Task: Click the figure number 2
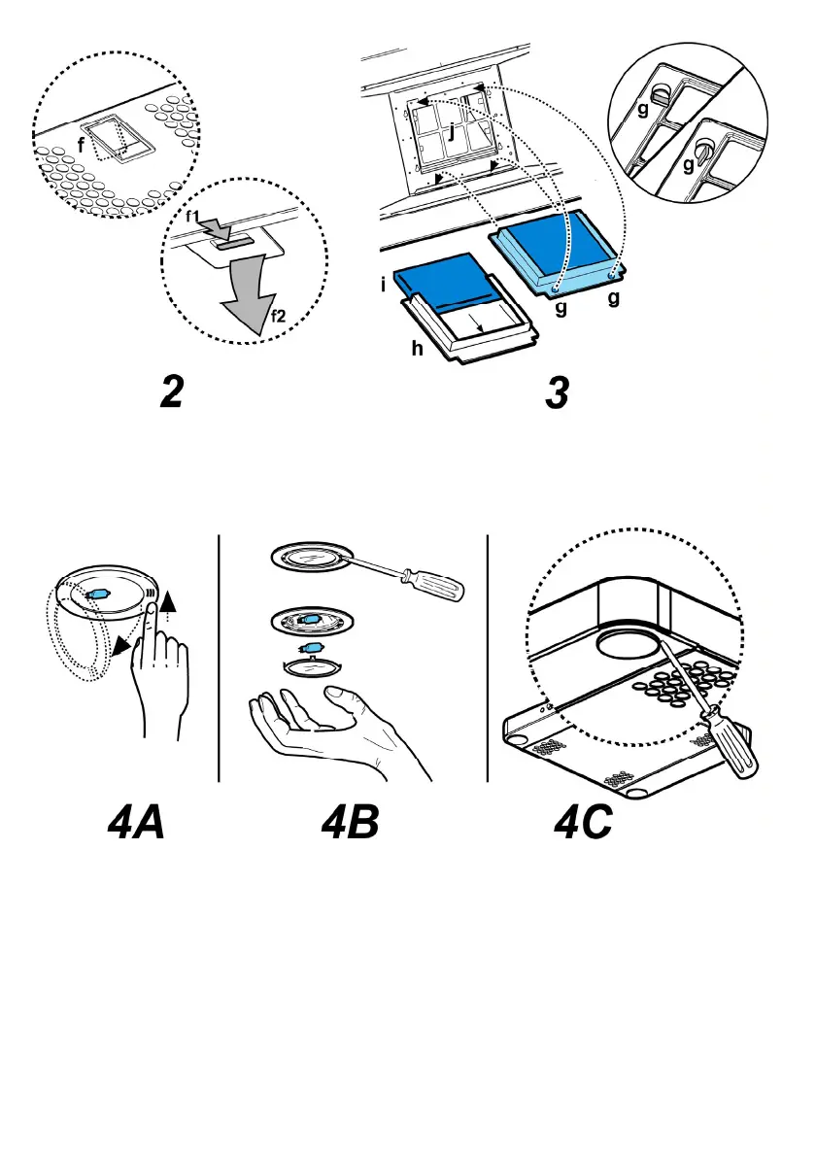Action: pos(170,393)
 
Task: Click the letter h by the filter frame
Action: pos(415,349)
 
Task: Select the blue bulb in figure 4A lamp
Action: pos(99,595)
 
